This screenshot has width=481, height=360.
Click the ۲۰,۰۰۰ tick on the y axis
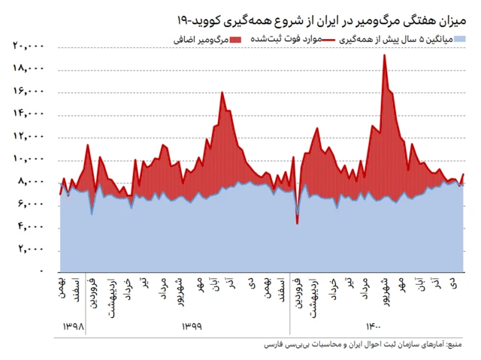[x=29, y=46]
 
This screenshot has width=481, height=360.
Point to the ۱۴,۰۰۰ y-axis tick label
[x=29, y=113]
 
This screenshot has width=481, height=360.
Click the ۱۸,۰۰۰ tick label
[x=29, y=68]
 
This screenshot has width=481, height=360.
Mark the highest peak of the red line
[x=385, y=55]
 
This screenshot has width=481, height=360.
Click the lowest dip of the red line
[x=298, y=223]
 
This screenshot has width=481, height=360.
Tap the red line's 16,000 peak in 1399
[x=222, y=92]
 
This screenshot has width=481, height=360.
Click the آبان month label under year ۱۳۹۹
[x=216, y=287]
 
